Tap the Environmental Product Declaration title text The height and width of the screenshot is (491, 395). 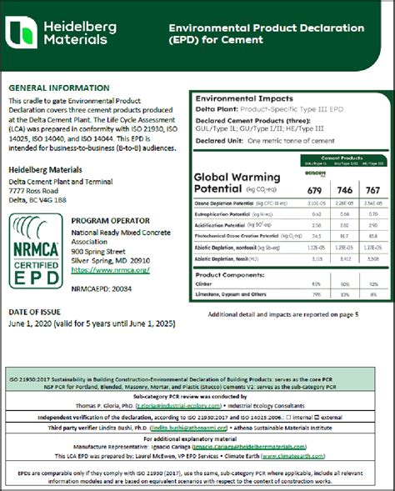pos(273,28)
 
